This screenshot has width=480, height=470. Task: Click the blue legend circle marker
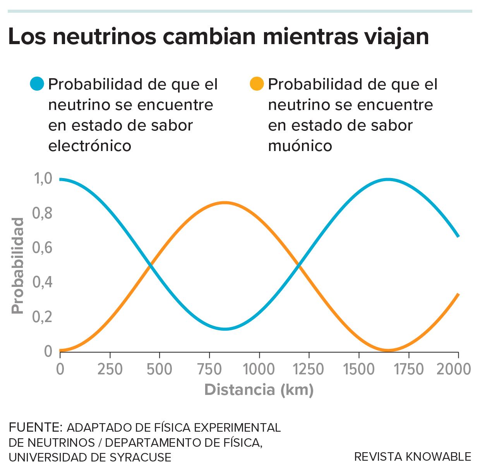click(37, 84)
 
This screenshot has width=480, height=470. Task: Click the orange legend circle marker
click(257, 84)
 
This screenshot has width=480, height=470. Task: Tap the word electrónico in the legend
click(89, 146)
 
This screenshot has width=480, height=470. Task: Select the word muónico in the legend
click(300, 146)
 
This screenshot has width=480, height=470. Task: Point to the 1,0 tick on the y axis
click(43, 178)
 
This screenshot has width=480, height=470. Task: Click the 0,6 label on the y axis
click(43, 248)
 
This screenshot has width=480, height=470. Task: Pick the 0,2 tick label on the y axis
click(43, 317)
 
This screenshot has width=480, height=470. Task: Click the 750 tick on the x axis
click(209, 369)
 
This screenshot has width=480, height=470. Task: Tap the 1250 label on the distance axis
click(309, 369)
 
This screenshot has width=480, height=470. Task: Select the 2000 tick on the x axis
click(453, 369)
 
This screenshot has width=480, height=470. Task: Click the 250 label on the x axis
click(110, 369)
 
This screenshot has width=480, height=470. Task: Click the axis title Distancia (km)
click(259, 389)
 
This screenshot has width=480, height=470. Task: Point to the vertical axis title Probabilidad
click(17, 266)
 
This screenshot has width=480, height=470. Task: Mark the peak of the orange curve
click(225, 202)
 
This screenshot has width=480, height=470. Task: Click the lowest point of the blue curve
click(225, 329)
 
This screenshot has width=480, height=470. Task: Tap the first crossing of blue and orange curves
click(150, 265)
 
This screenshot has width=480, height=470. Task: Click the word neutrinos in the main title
click(105, 37)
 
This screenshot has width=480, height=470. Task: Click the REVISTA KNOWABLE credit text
click(413, 457)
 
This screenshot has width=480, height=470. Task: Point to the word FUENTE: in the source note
click(35, 427)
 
